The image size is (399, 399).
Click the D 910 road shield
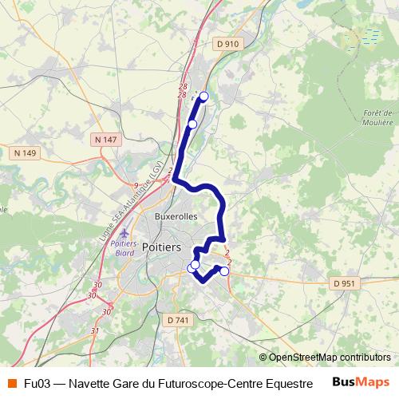pyautogui.click(x=227, y=45)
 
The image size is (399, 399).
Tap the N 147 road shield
pyautogui.click(x=105, y=140)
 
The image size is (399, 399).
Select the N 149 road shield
pyautogui.click(x=26, y=152)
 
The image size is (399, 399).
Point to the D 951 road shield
pyautogui.click(x=345, y=283)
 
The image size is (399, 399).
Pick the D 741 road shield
pyautogui.click(x=179, y=320)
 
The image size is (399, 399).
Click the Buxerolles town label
pyautogui.click(x=177, y=215)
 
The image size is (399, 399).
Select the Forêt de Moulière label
pyautogui.click(x=378, y=118)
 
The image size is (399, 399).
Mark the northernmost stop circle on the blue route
pyautogui.click(x=203, y=97)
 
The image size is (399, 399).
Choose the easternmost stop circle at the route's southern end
pyautogui.click(x=224, y=271)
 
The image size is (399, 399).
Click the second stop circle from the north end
pyautogui.click(x=192, y=124)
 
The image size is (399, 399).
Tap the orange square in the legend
pyautogui.click(x=11, y=383)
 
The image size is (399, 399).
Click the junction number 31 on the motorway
pyautogui.click(x=95, y=330)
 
